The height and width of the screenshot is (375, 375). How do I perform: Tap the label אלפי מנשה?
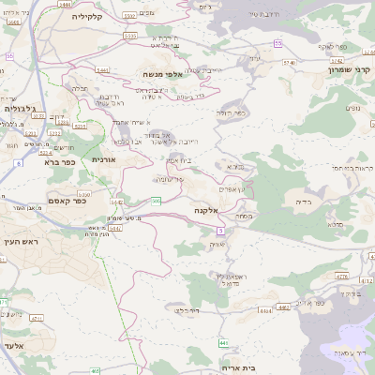coord(170,74)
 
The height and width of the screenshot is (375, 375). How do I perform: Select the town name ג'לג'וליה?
coord(19,109)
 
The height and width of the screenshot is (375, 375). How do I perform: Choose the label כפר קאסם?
coord(67,201)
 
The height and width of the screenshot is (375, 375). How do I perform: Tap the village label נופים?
coord(353,108)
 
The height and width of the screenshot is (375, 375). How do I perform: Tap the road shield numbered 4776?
coord(341,277)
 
